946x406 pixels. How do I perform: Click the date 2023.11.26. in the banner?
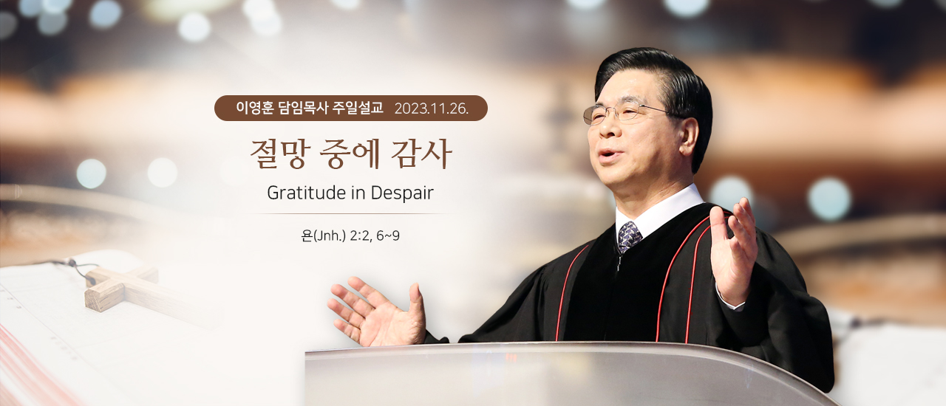(431, 109)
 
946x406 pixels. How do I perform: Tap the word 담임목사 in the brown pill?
(303, 108)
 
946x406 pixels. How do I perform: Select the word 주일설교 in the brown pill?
(358, 108)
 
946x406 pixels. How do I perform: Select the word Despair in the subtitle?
(402, 193)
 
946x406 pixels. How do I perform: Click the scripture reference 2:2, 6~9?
(375, 236)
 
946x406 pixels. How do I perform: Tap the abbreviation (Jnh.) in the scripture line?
(330, 236)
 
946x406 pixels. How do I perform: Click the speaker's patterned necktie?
(629, 237)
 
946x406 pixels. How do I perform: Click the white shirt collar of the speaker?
(659, 211)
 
